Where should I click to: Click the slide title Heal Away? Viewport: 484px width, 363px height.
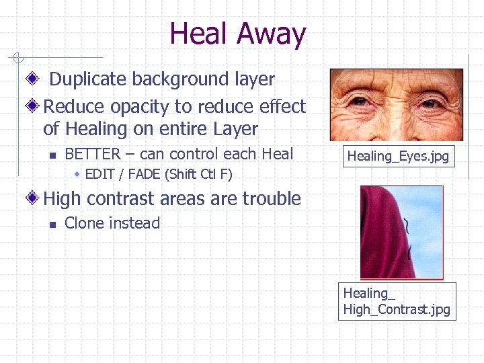pyautogui.click(x=238, y=34)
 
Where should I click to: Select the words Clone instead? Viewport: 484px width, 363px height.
pyautogui.click(x=112, y=224)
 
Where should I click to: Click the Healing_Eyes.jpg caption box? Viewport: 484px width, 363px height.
pyautogui.click(x=397, y=157)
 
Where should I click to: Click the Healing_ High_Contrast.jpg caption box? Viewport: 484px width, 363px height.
pyautogui.click(x=397, y=301)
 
